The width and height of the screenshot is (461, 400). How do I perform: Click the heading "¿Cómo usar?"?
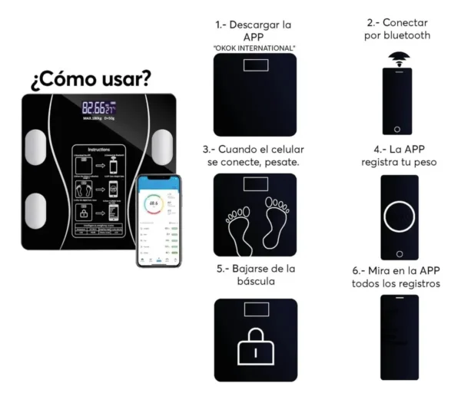click(91, 79)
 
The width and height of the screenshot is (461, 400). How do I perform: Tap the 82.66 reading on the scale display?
click(94, 108)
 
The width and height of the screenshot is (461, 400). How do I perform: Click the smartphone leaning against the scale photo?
click(158, 220)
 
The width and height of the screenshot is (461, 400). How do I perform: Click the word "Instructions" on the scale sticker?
click(98, 150)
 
